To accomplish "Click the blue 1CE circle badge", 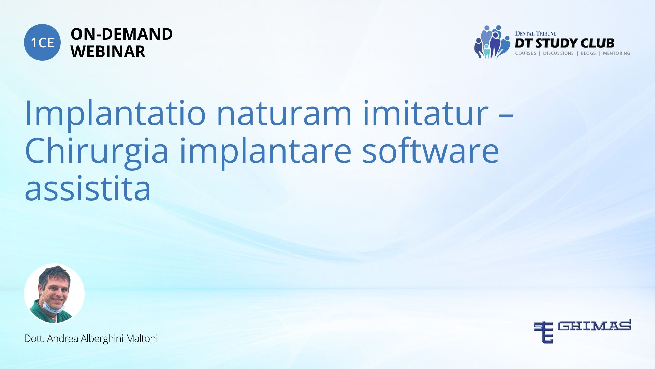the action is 42,42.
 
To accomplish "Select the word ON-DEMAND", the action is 121,34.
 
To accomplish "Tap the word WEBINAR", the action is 108,52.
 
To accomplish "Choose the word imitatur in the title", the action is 426,113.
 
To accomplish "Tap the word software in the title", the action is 431,150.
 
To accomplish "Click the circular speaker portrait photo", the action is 54,293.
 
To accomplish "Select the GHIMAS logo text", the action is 594,326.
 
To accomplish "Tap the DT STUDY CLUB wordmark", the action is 565,43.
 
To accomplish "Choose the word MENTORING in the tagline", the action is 616,53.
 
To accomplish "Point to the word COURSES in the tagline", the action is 525,53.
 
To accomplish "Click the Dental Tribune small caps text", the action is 536,33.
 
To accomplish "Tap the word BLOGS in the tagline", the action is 588,53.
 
